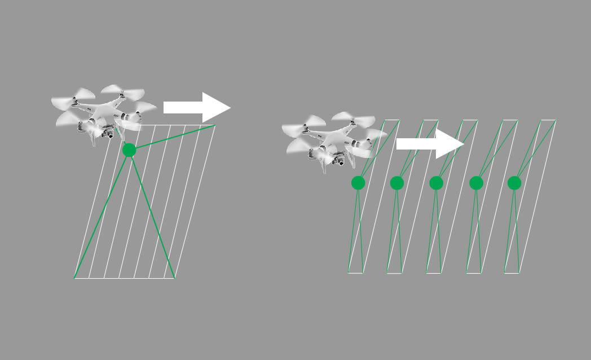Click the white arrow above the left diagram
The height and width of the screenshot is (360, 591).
(197, 107)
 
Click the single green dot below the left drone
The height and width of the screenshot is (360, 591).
(129, 150)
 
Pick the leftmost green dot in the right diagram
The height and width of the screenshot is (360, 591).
(358, 183)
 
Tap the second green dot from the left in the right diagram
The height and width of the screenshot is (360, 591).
(397, 183)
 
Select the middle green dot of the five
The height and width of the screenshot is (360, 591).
(436, 183)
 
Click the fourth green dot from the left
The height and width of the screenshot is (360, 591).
(477, 183)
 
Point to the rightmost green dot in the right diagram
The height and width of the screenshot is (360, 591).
(514, 183)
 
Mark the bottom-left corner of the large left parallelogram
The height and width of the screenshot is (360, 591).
(75, 278)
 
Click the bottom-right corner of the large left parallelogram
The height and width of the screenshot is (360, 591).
(174, 278)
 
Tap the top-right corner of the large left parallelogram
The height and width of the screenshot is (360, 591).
(215, 125)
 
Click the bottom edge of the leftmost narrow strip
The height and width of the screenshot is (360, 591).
(356, 273)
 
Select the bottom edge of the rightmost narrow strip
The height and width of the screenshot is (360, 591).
(511, 273)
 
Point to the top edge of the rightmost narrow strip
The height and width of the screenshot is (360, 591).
(549, 120)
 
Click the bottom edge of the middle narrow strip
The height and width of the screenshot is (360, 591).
(434, 273)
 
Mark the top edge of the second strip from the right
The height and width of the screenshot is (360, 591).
(510, 120)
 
